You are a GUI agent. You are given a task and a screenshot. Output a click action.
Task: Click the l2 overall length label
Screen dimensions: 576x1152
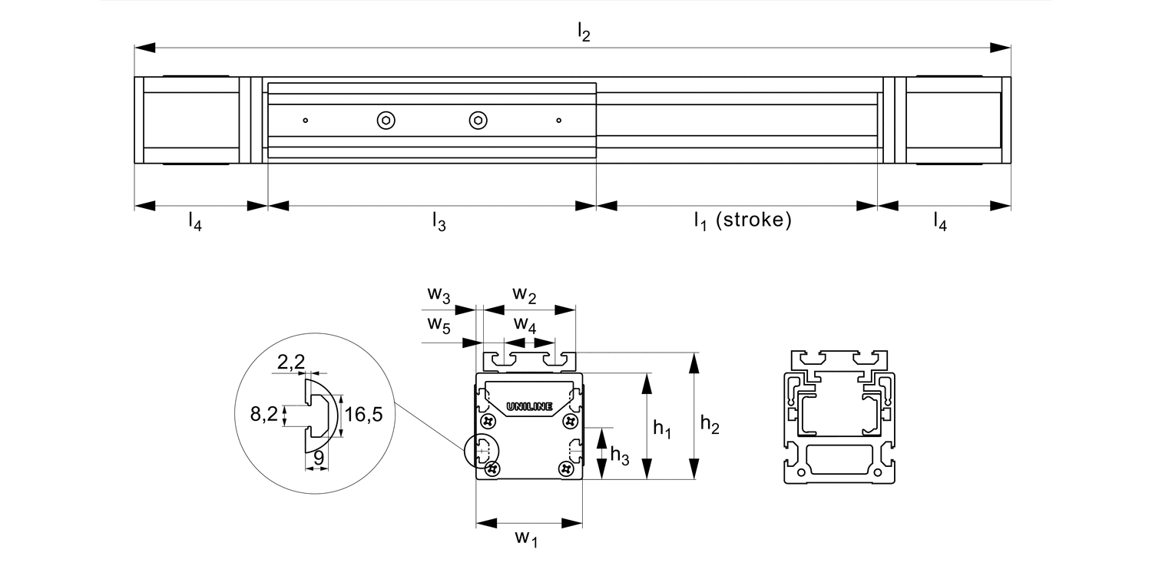584,33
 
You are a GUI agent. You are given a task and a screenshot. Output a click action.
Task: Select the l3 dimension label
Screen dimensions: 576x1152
439,222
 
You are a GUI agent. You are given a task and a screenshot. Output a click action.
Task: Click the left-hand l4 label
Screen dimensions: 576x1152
195,222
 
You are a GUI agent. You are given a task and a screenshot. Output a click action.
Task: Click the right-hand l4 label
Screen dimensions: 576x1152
940,221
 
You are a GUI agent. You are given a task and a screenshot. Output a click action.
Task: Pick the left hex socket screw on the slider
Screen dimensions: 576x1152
386,120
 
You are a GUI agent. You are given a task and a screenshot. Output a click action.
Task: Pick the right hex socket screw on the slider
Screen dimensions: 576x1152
478,120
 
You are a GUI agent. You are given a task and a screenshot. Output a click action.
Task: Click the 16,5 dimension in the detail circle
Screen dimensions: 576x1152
364,415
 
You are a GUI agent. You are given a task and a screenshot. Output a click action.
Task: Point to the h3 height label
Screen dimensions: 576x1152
619,455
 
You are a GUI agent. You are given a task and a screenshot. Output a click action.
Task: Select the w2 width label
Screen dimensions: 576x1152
525,293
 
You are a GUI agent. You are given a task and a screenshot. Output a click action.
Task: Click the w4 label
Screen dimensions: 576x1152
525,324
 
